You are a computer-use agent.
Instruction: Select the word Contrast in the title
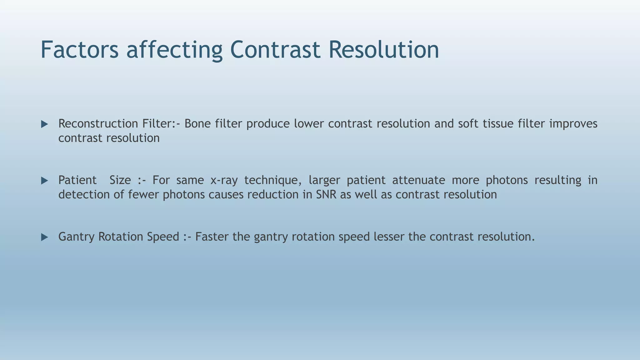(275, 50)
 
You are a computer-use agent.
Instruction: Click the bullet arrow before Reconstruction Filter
(44, 124)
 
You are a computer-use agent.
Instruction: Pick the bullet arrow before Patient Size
(44, 181)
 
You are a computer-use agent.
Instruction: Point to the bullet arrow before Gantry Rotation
(44, 237)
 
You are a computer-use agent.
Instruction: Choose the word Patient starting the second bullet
(77, 180)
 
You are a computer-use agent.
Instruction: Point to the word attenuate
(418, 180)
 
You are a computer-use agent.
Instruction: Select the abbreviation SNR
(326, 195)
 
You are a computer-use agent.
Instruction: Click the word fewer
(143, 195)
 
